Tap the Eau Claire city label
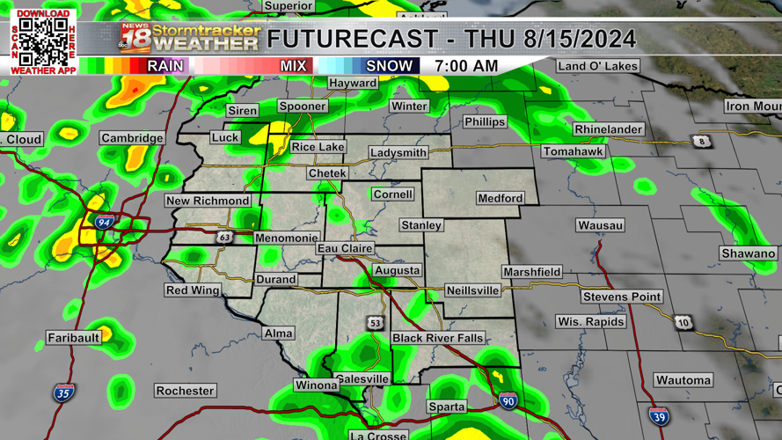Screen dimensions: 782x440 (345, 248)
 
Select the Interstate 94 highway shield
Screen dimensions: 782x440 (104, 223)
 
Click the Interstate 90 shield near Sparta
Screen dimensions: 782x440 (508, 400)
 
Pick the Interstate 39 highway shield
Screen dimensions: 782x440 (658, 415)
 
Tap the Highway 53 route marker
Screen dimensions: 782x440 (376, 323)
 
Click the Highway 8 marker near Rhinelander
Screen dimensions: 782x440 (701, 141)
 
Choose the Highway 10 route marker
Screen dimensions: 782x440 (683, 323)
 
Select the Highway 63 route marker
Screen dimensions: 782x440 (226, 237)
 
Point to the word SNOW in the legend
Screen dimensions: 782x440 (389, 66)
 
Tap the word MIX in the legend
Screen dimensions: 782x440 (293, 66)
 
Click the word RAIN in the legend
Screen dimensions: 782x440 (165, 66)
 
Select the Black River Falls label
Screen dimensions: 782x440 (437, 338)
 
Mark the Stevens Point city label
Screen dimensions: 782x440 (621, 297)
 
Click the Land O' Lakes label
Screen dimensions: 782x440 (598, 66)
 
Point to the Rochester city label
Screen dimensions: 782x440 (185, 391)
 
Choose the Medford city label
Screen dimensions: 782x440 (500, 198)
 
